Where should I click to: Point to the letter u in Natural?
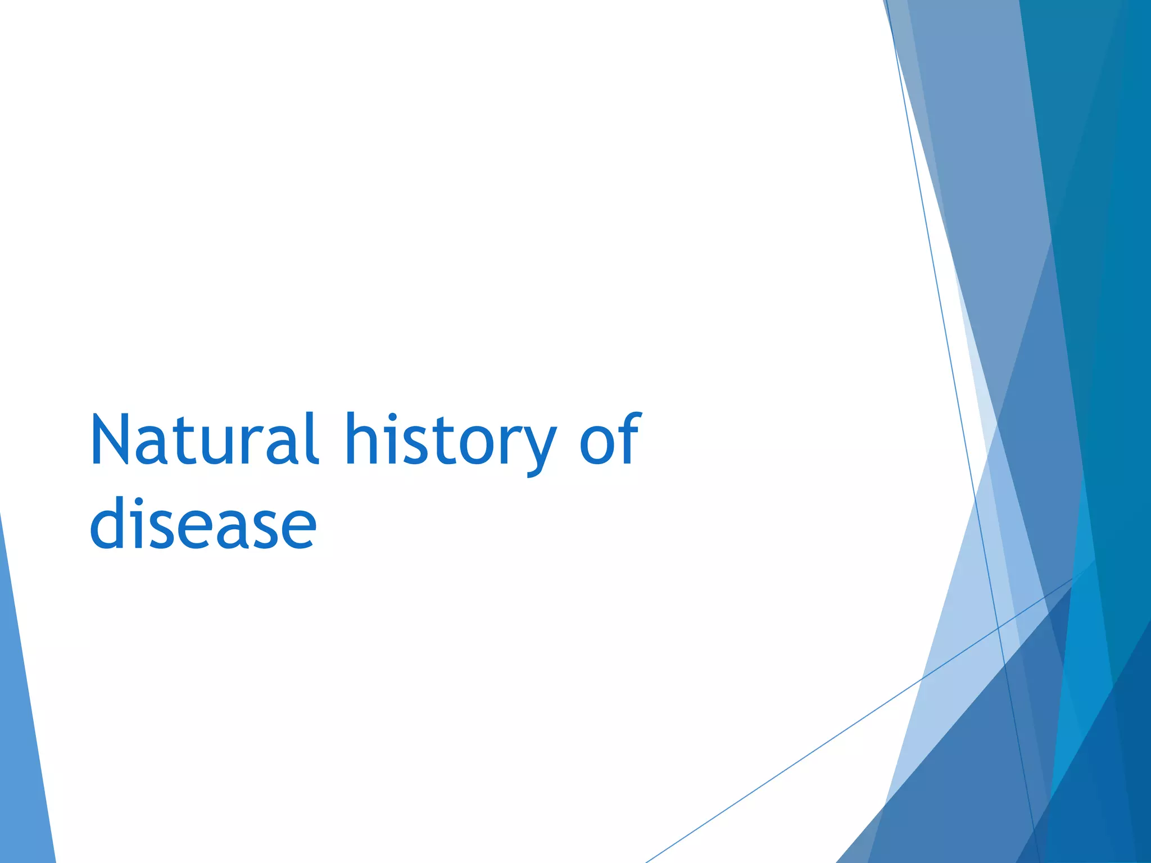pyautogui.click(x=214, y=447)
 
